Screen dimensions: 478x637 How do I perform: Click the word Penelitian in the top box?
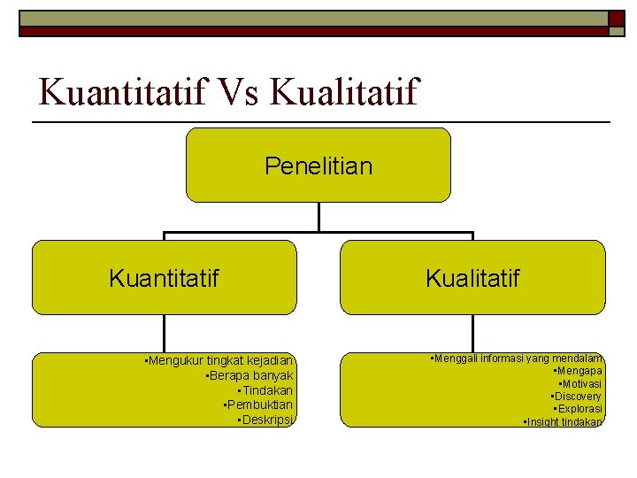pos(318,166)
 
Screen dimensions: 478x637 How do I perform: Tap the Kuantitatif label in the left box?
pos(164,279)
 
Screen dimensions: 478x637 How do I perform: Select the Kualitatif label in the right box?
pos(472,279)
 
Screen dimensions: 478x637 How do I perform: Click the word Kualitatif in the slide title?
pos(344,92)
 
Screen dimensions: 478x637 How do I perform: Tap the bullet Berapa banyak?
pos(249,375)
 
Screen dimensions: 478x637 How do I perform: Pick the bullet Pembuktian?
pos(258,405)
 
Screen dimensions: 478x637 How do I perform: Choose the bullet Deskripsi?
pos(265,419)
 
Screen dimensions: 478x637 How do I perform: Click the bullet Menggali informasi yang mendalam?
pos(515,358)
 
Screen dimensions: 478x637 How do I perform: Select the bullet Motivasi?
pos(580,384)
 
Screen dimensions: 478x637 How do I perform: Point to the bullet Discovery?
pos(576,397)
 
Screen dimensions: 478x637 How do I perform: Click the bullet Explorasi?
pos(578,409)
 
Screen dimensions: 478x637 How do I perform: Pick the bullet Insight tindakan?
pos(563,422)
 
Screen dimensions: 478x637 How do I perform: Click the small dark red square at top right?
pos(615,18)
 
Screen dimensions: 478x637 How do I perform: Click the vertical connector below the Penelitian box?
pos(318,218)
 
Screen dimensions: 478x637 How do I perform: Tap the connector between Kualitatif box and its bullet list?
pos(473,334)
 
